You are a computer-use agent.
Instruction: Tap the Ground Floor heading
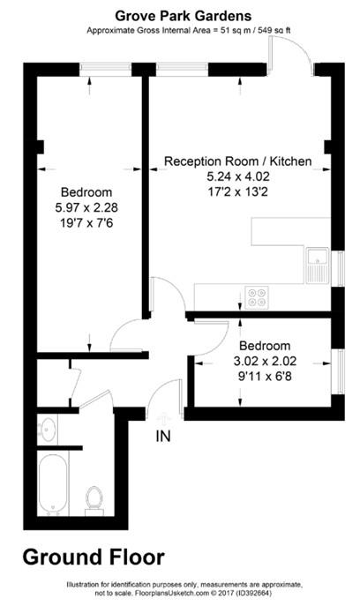[93, 557]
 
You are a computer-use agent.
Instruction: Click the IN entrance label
[163, 435]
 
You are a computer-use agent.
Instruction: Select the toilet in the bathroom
[94, 499]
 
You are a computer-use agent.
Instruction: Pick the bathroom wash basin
[48, 430]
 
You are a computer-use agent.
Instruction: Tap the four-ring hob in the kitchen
[258, 297]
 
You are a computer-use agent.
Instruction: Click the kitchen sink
[318, 264]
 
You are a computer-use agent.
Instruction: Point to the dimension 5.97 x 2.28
[85, 208]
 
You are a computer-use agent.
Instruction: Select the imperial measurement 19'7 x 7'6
[85, 223]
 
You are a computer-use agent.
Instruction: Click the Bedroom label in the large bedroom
[85, 192]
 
